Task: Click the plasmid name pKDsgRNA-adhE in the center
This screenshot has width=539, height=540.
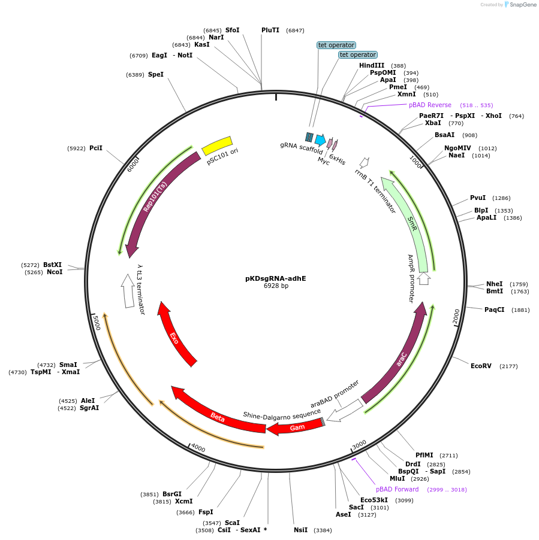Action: (x=275, y=278)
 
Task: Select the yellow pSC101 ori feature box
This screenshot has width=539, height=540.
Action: (x=217, y=145)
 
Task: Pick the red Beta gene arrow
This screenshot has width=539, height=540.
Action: (x=217, y=416)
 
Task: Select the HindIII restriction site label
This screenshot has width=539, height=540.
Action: (x=372, y=65)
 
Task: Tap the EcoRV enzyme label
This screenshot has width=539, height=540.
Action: (x=481, y=366)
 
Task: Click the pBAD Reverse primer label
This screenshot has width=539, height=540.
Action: (x=430, y=105)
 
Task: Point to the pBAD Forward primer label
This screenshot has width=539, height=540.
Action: (x=398, y=489)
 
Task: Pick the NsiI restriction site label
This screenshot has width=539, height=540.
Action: (x=300, y=530)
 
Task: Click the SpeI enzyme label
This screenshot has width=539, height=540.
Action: (x=156, y=75)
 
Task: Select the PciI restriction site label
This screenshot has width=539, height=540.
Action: (x=96, y=148)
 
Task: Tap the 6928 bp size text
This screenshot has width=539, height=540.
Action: (x=276, y=286)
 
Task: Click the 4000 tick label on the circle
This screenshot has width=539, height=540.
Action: (x=198, y=449)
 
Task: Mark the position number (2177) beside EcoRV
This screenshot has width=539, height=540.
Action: (x=508, y=366)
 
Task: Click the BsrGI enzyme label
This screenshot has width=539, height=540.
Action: (x=172, y=494)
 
